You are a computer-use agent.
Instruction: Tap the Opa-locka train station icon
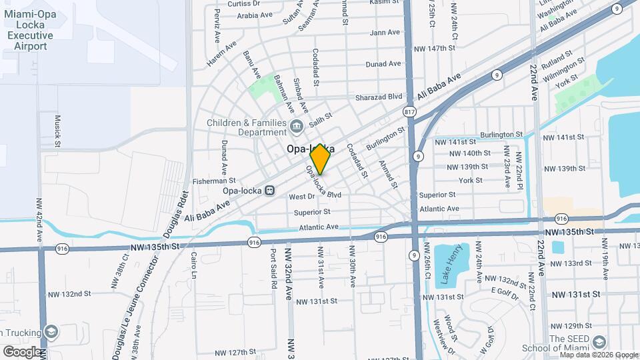tap(270, 190)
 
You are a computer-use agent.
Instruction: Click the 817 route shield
tap(409, 112)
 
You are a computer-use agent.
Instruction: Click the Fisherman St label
tap(213, 180)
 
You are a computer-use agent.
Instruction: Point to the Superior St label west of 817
tap(312, 212)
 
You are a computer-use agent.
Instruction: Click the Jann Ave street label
tap(385, 32)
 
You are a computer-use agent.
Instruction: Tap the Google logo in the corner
tap(22, 351)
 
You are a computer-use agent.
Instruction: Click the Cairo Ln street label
tap(195, 265)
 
